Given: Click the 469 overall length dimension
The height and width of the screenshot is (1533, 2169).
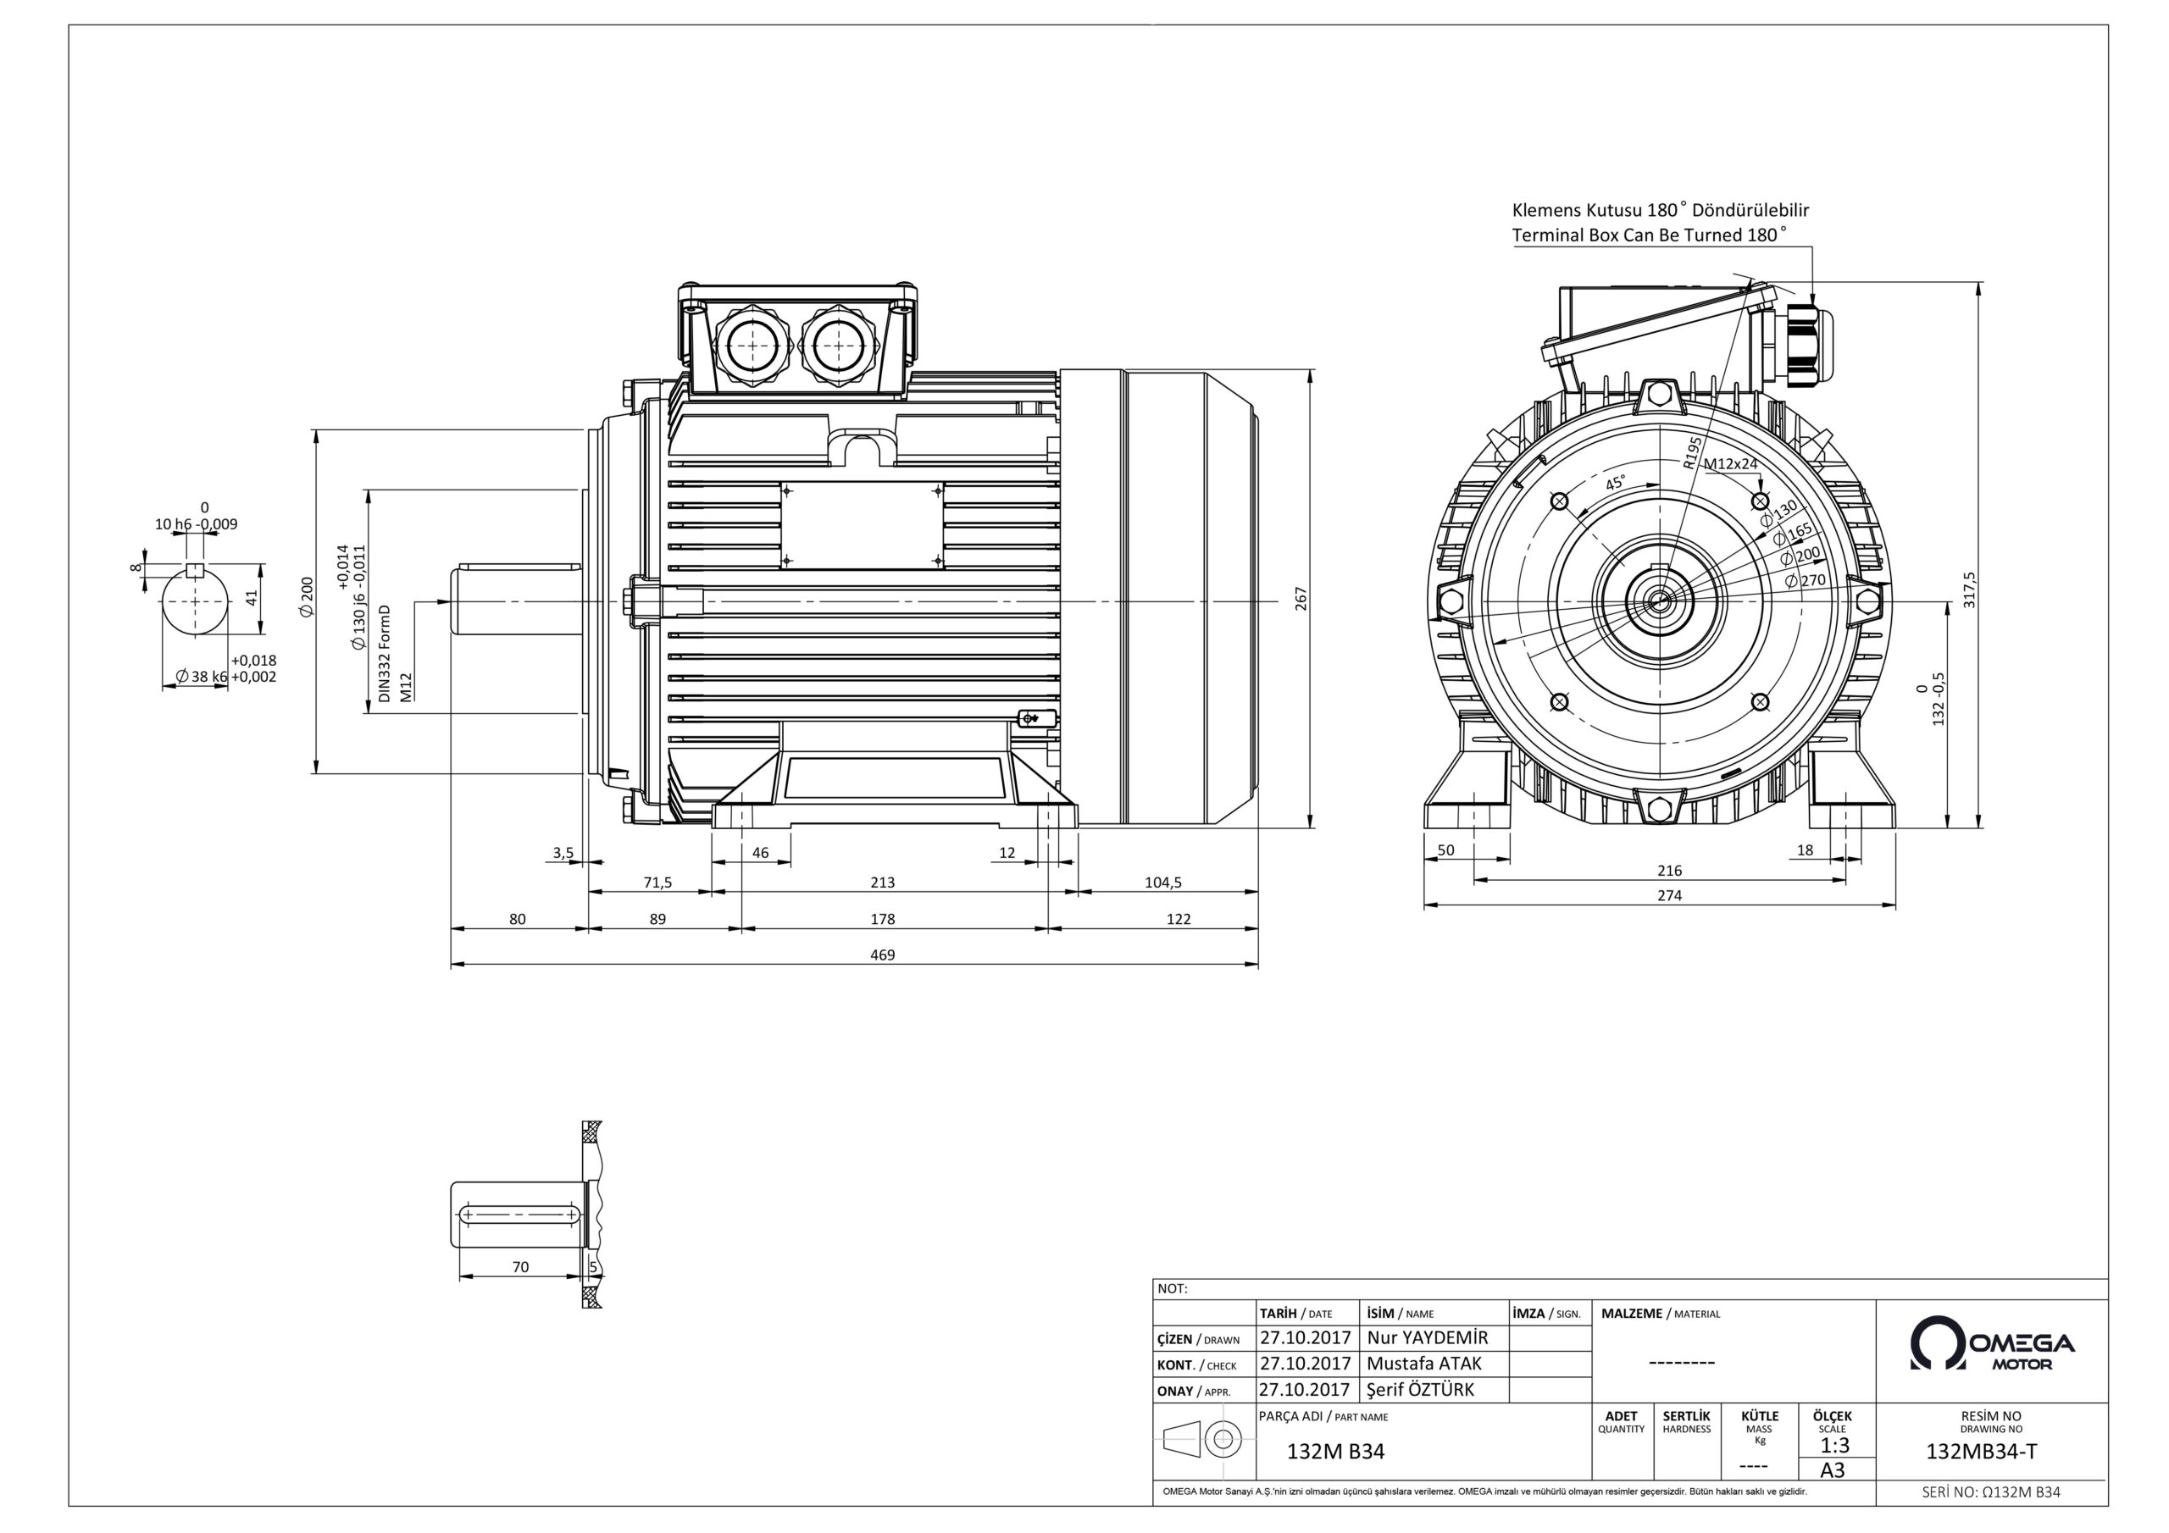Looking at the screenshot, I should coord(881,955).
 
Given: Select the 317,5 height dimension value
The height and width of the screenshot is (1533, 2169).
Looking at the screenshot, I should coord(1969,589).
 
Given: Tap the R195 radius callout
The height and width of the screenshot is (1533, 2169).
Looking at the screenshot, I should coord(1692,452).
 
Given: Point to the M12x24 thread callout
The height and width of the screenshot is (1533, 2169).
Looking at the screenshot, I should coord(1731,464).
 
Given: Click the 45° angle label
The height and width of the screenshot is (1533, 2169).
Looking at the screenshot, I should coord(1617,484).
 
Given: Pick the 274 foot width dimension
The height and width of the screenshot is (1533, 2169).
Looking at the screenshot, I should coord(1669,895).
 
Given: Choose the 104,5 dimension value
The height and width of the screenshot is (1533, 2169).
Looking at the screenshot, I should coord(1163,883).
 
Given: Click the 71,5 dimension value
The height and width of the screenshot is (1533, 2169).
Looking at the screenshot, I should coord(657,883).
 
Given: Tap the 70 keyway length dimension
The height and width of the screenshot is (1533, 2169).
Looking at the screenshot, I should coord(520,1268).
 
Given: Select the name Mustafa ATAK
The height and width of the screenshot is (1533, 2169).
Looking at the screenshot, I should coord(1423,1363).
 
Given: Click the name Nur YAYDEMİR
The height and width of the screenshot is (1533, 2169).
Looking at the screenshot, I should coord(1427,1337).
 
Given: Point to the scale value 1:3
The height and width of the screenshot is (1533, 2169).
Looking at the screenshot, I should coord(1834,1445).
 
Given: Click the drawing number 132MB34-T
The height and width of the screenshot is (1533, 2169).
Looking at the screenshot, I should coord(1981,1453).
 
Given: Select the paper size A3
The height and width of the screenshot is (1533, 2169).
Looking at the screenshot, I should coord(1833,1469).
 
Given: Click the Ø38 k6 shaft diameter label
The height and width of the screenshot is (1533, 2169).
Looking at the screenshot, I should coord(201,676).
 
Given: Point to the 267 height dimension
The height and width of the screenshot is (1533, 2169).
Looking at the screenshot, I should coord(1301,599).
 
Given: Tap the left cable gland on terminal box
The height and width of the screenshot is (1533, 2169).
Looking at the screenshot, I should coord(751,346).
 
